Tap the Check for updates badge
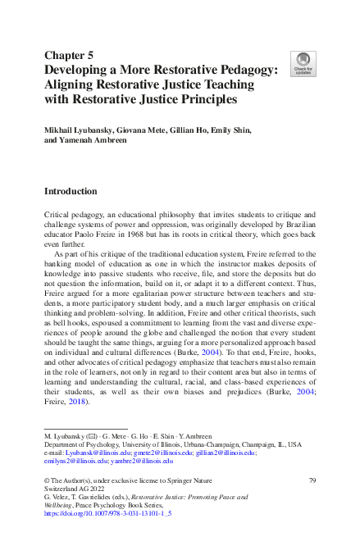(x=303, y=63)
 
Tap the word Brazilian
(x=292, y=222)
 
